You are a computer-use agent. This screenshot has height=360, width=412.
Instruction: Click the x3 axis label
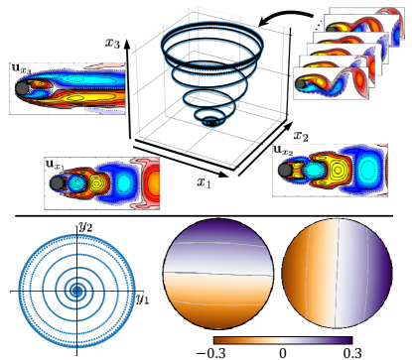(x=112, y=43)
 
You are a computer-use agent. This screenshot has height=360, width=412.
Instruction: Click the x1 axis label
(x=204, y=181)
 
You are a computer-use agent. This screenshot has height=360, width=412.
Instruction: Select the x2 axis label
(x=301, y=136)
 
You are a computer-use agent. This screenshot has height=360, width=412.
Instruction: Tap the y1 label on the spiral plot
(x=143, y=300)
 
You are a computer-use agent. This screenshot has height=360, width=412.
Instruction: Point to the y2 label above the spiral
(x=85, y=227)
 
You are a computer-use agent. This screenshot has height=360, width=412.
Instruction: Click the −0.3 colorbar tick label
(x=210, y=353)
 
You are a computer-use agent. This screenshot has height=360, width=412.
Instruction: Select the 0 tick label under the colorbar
(x=282, y=353)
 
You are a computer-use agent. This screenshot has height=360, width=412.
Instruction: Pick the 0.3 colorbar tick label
(x=352, y=353)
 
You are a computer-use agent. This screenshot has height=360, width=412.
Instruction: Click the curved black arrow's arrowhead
(x=264, y=23)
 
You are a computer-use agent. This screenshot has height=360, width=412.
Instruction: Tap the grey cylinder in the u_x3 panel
(x=22, y=88)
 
